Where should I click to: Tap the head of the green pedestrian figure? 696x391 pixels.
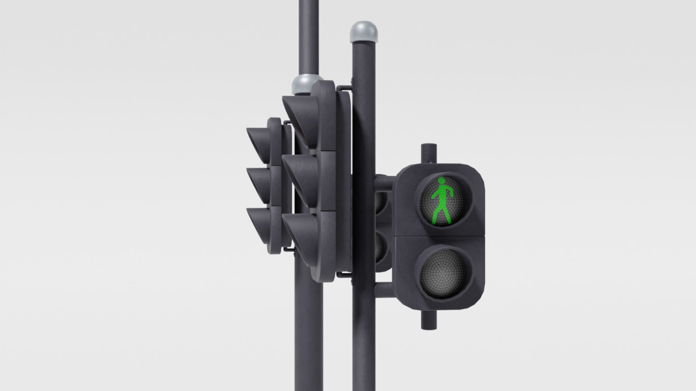(442, 181)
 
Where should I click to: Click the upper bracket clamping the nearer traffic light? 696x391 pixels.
(344, 88)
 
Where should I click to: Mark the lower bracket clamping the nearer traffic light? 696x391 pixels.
(344, 275)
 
